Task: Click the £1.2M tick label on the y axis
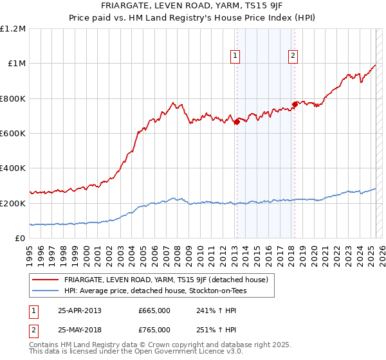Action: (12, 29)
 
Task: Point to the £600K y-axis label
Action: (12, 134)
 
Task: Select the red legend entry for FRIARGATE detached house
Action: (170, 280)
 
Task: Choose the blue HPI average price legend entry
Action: (155, 291)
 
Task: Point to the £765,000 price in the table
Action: (154, 329)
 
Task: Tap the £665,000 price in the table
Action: (154, 310)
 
